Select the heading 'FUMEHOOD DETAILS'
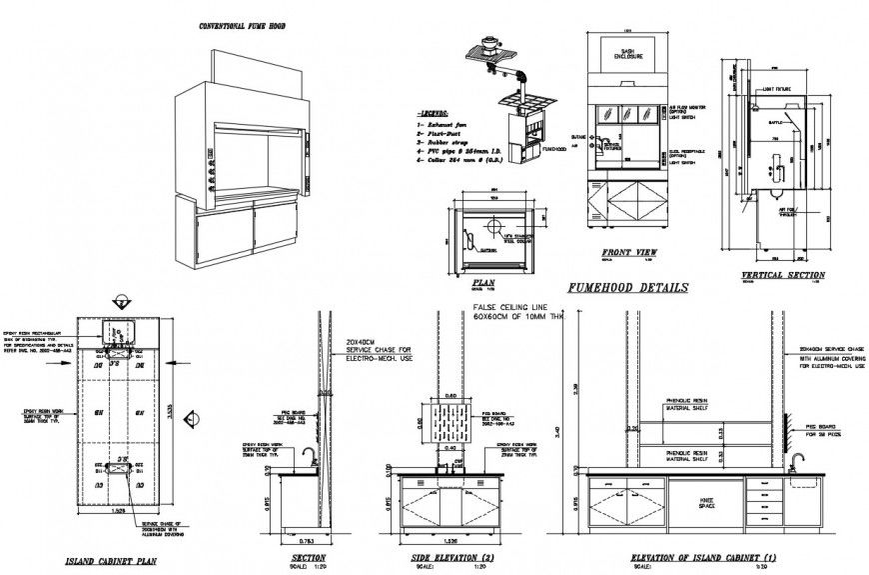point(626,288)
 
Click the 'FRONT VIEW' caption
point(629,253)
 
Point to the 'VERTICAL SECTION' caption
point(783,275)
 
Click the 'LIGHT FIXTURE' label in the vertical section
point(779,88)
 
